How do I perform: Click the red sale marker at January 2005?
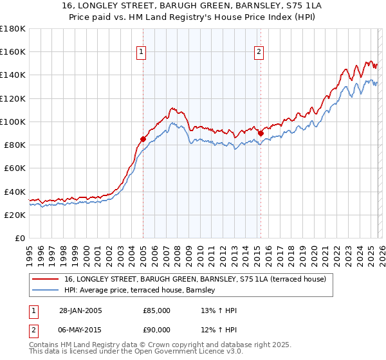(x=143, y=139)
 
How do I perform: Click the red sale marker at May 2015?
(x=261, y=133)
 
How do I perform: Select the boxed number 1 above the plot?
(x=141, y=53)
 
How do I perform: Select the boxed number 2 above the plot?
(x=259, y=53)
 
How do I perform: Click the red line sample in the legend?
(x=45, y=279)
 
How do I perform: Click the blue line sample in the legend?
(x=45, y=291)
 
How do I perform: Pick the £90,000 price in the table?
(x=157, y=329)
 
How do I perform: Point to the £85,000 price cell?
(x=157, y=310)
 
